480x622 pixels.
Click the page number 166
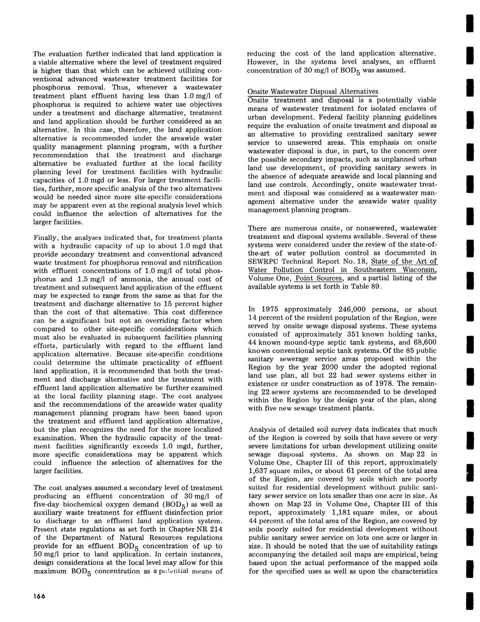coord(39,596)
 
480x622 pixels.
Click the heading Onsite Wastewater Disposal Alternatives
coord(313,91)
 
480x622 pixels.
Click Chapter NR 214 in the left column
coord(197,529)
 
